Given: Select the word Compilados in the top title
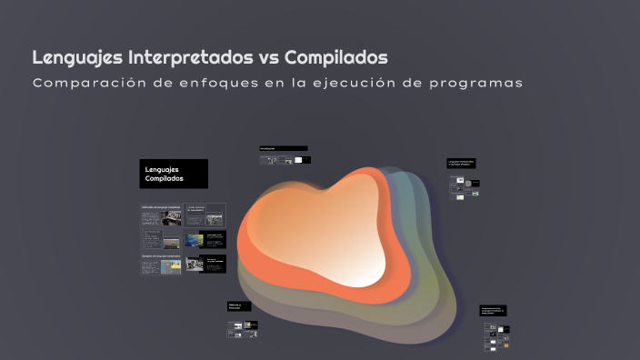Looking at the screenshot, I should (x=336, y=57).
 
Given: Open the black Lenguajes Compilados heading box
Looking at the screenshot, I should (x=174, y=174).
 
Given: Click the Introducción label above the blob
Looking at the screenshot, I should (x=283, y=148).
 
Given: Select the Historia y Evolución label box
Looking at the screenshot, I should (x=239, y=307).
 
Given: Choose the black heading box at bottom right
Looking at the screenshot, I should (x=494, y=311).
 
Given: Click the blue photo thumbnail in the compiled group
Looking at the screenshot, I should (x=195, y=241).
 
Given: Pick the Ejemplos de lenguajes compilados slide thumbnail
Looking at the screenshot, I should (x=160, y=264).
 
